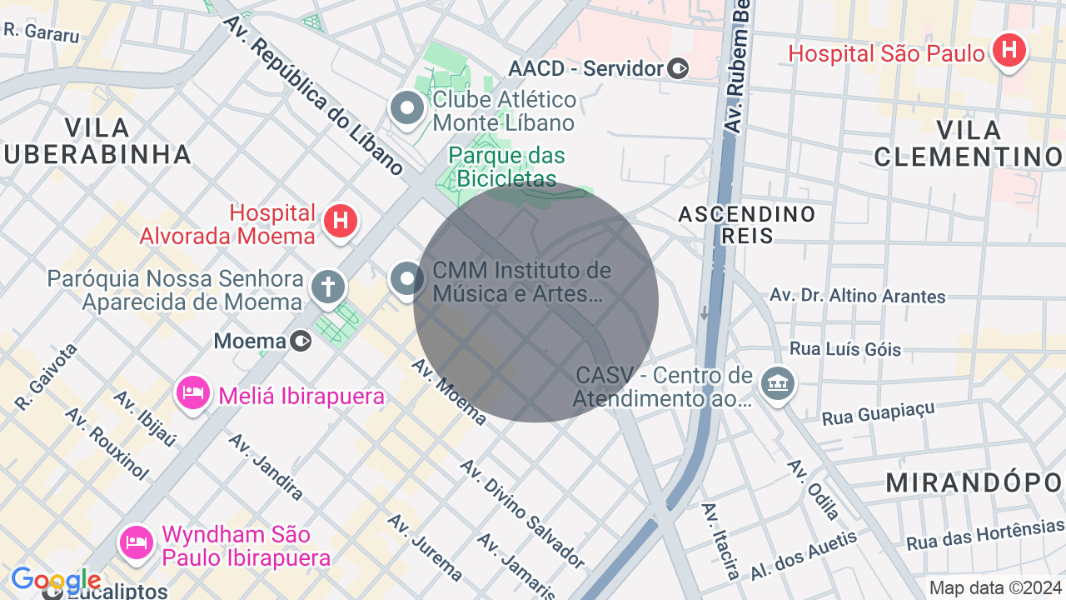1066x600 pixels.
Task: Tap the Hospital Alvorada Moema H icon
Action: (x=340, y=222)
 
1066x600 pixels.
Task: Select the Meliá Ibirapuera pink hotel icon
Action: (x=193, y=392)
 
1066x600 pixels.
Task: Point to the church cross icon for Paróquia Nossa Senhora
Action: (x=328, y=287)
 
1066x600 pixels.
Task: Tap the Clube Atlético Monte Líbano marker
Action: (x=407, y=109)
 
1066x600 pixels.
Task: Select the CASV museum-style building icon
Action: (x=777, y=383)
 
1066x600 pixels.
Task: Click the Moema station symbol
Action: (x=301, y=341)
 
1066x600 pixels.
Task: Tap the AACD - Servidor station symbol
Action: (x=679, y=68)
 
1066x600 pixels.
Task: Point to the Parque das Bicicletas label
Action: (x=506, y=167)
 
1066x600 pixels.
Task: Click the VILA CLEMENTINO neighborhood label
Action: (x=968, y=142)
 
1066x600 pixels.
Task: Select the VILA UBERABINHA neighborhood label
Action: (x=97, y=141)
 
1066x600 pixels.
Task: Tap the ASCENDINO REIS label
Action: (x=746, y=224)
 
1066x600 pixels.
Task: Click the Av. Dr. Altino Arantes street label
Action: (x=857, y=295)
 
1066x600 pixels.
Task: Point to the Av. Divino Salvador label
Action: (x=523, y=513)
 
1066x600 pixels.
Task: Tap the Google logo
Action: (x=56, y=580)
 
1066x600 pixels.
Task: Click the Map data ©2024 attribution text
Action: (x=995, y=587)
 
